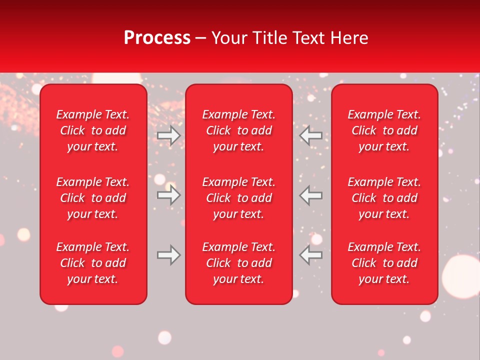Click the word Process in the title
pyautogui.click(x=157, y=38)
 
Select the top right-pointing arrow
pyautogui.click(x=168, y=135)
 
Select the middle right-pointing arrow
pyautogui.click(x=168, y=195)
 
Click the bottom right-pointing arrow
pyautogui.click(x=168, y=255)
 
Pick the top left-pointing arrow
pyautogui.click(x=311, y=135)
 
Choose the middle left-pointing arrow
pyautogui.click(x=311, y=195)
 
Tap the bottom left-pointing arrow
pyautogui.click(x=311, y=255)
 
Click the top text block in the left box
pyautogui.click(x=93, y=130)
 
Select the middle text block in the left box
pyautogui.click(x=93, y=198)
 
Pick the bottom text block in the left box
pyautogui.click(x=93, y=263)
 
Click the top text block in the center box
pyautogui.click(x=238, y=130)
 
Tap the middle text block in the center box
pyautogui.click(x=238, y=198)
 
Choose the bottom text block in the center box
pyautogui.click(x=238, y=263)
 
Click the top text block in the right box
pyautogui.click(x=384, y=130)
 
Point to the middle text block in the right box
pyautogui.click(x=384, y=198)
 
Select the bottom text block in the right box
pyautogui.click(x=384, y=263)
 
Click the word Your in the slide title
pyautogui.click(x=229, y=38)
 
